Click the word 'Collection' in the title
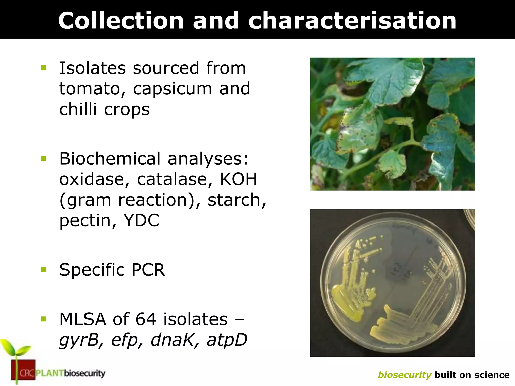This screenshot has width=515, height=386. click(121, 21)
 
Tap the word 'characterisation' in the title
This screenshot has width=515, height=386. click(352, 21)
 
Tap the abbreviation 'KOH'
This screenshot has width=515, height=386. click(239, 179)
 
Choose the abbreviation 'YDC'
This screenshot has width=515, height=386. click(141, 220)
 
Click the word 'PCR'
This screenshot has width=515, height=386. click(148, 270)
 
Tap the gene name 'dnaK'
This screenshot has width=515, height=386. click(173, 340)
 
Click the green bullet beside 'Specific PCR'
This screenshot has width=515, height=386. click(44, 270)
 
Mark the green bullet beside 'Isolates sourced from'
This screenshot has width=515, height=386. click(44, 68)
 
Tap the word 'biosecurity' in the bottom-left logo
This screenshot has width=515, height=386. click(84, 373)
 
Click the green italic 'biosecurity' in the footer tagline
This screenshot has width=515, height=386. click(405, 375)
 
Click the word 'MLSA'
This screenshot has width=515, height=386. click(83, 319)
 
